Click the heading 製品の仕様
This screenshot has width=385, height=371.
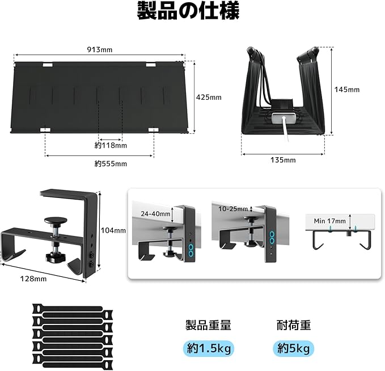point(188,11)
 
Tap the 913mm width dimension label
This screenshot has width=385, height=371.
point(99,50)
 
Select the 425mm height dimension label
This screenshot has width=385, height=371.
point(208,97)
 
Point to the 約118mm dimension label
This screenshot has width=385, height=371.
point(111,146)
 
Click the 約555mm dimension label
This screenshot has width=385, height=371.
point(111,164)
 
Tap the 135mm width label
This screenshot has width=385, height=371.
point(282,160)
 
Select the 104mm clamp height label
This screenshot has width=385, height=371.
point(113,230)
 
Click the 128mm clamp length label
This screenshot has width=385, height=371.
point(33,278)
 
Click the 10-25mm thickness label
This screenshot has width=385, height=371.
point(232,209)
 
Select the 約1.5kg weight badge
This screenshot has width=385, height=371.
point(209,348)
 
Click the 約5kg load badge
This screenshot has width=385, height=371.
point(293,348)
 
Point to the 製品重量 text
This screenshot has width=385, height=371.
point(208,325)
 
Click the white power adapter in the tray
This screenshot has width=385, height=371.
point(284,119)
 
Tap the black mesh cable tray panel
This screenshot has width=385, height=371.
point(100,96)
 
